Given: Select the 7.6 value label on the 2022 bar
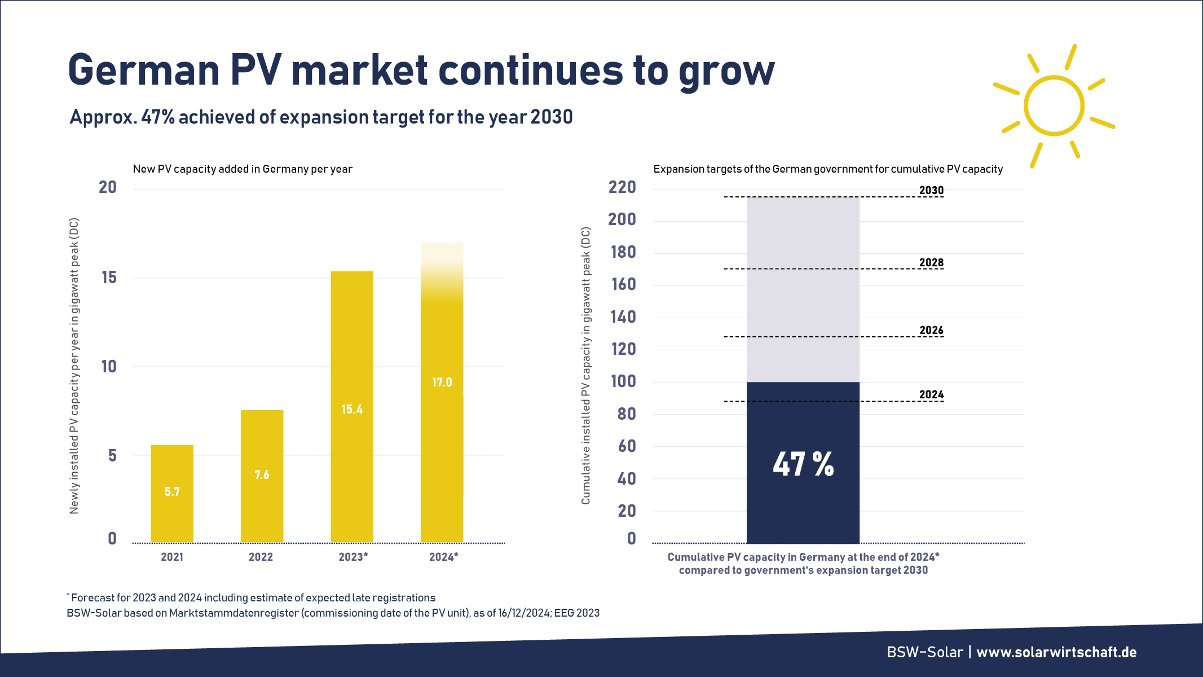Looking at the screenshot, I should [x=262, y=475].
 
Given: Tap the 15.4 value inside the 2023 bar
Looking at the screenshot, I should [x=352, y=410].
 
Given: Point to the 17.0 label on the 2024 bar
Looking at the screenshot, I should [x=442, y=383].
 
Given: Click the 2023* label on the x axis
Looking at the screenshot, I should [x=353, y=557].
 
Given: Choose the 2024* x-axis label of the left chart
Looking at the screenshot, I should [x=443, y=557].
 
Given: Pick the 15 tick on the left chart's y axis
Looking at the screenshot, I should [x=109, y=278].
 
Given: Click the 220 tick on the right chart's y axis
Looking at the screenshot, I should [x=622, y=187].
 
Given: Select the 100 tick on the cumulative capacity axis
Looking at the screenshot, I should [x=623, y=381].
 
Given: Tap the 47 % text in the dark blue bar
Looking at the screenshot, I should [x=803, y=464].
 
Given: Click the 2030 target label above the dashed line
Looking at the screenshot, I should [x=931, y=190].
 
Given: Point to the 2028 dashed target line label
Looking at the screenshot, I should [x=931, y=262].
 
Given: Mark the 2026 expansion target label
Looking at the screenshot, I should [x=931, y=330].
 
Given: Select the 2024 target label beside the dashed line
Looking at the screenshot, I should [x=931, y=394].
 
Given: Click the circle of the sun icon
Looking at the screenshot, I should [x=1054, y=105].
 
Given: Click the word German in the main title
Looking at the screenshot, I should [x=143, y=71].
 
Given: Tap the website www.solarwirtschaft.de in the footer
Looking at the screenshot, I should [x=1056, y=652].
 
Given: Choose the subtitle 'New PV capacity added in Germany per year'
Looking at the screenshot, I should [x=243, y=169].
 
